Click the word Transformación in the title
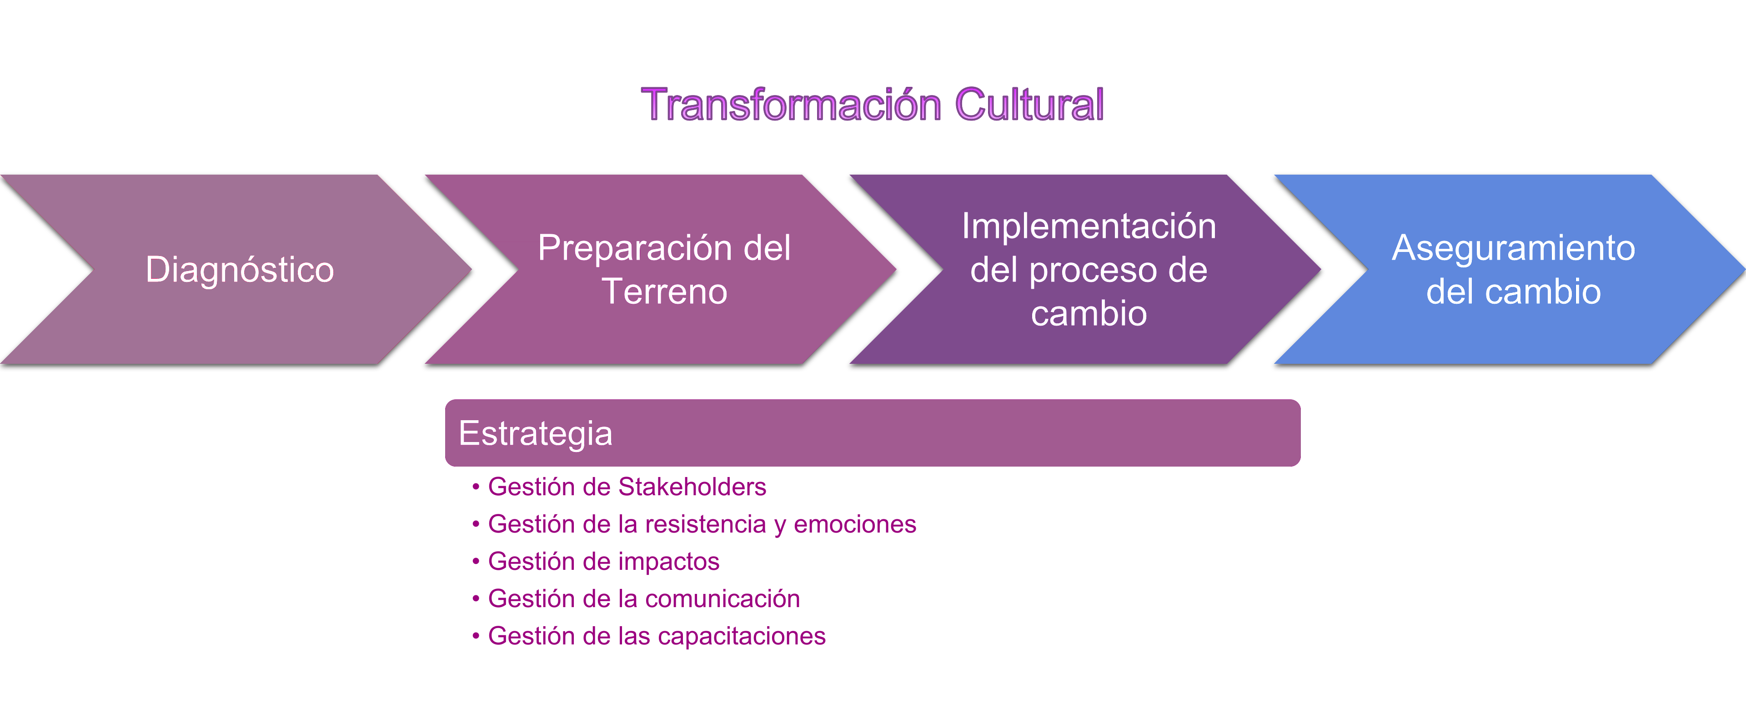pyautogui.click(x=792, y=105)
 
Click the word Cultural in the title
pyautogui.click(x=1029, y=105)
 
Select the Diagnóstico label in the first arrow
pyautogui.click(x=240, y=270)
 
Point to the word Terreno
pyautogui.click(x=664, y=292)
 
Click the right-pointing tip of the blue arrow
pyautogui.click(x=1745, y=270)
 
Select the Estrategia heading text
pyautogui.click(x=536, y=434)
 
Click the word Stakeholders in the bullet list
pyautogui.click(x=692, y=487)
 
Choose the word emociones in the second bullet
pyautogui.click(x=855, y=524)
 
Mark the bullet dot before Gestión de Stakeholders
pyautogui.click(x=476, y=487)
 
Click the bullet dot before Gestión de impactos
pyautogui.click(x=476, y=561)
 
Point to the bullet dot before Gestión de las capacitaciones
pyautogui.click(x=476, y=636)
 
